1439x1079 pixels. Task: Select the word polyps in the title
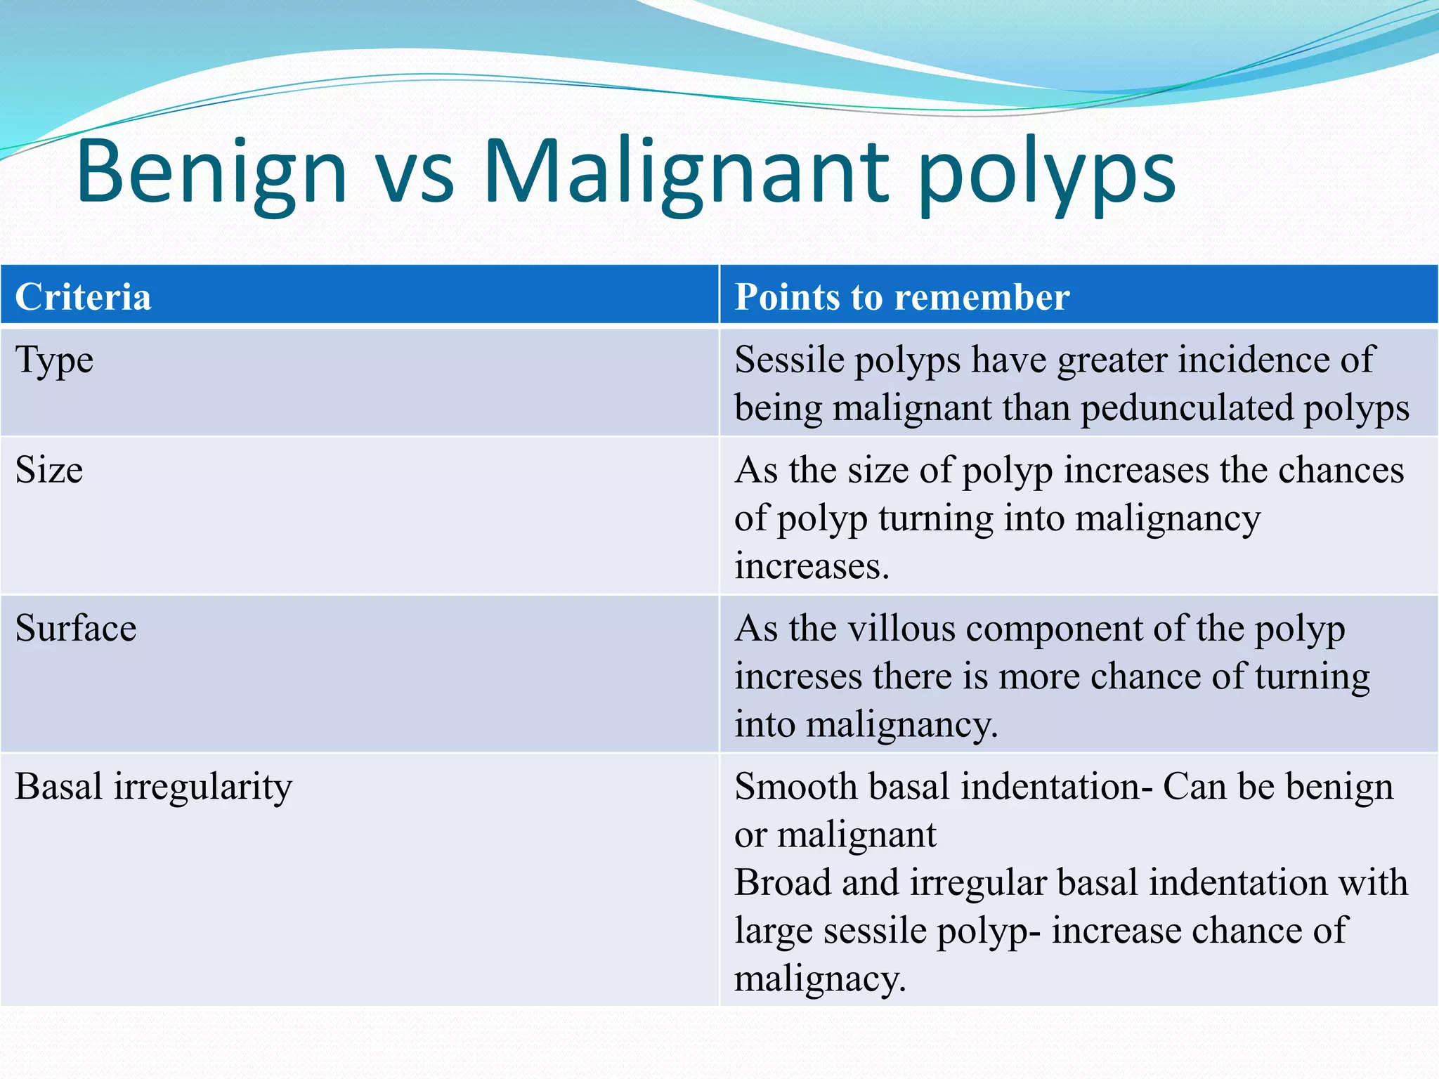click(1046, 176)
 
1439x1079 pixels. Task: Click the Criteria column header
click(83, 296)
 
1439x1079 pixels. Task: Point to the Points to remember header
click(901, 296)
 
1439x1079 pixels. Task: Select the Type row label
click(54, 361)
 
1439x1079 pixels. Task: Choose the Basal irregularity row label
click(153, 787)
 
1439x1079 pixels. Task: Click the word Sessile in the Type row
click(789, 360)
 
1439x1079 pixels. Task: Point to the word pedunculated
click(1187, 408)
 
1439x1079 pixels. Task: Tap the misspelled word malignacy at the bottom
click(819, 979)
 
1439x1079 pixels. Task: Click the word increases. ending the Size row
click(812, 566)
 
